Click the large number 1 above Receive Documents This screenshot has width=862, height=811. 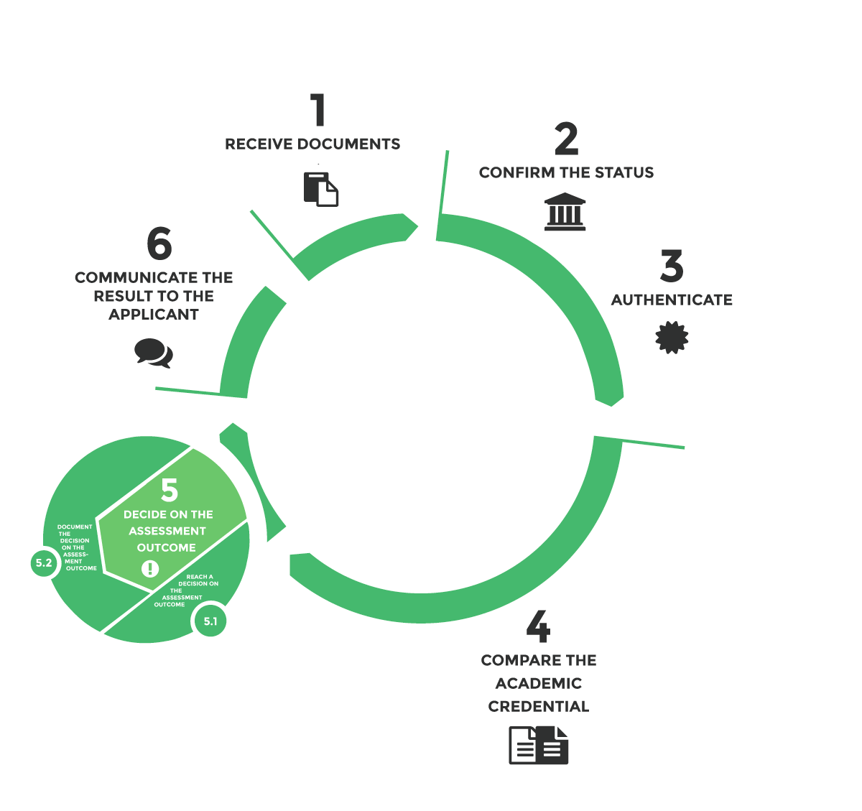pyautogui.click(x=319, y=110)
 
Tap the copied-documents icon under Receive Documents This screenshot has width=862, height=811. pyautogui.click(x=321, y=190)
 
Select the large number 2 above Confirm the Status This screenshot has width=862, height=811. pyautogui.click(x=567, y=139)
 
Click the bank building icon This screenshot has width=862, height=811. pyautogui.click(x=565, y=211)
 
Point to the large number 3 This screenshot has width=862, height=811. pyautogui.click(x=672, y=265)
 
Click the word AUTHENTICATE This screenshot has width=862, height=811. pyautogui.click(x=672, y=300)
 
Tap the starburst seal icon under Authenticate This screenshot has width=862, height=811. pyautogui.click(x=672, y=338)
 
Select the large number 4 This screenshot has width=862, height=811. pyautogui.click(x=538, y=626)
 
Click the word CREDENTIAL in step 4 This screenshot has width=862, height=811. pyautogui.click(x=539, y=706)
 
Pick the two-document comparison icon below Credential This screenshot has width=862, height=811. pyautogui.click(x=538, y=745)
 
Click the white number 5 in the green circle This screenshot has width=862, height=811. pyautogui.click(x=170, y=489)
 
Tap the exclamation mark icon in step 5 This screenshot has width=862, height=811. pyautogui.click(x=150, y=568)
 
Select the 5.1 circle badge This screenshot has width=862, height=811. pyautogui.click(x=210, y=621)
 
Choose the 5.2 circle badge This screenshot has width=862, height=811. pyautogui.click(x=44, y=563)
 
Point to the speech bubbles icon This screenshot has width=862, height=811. pyautogui.click(x=154, y=353)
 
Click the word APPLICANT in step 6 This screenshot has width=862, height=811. pyautogui.click(x=154, y=315)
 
